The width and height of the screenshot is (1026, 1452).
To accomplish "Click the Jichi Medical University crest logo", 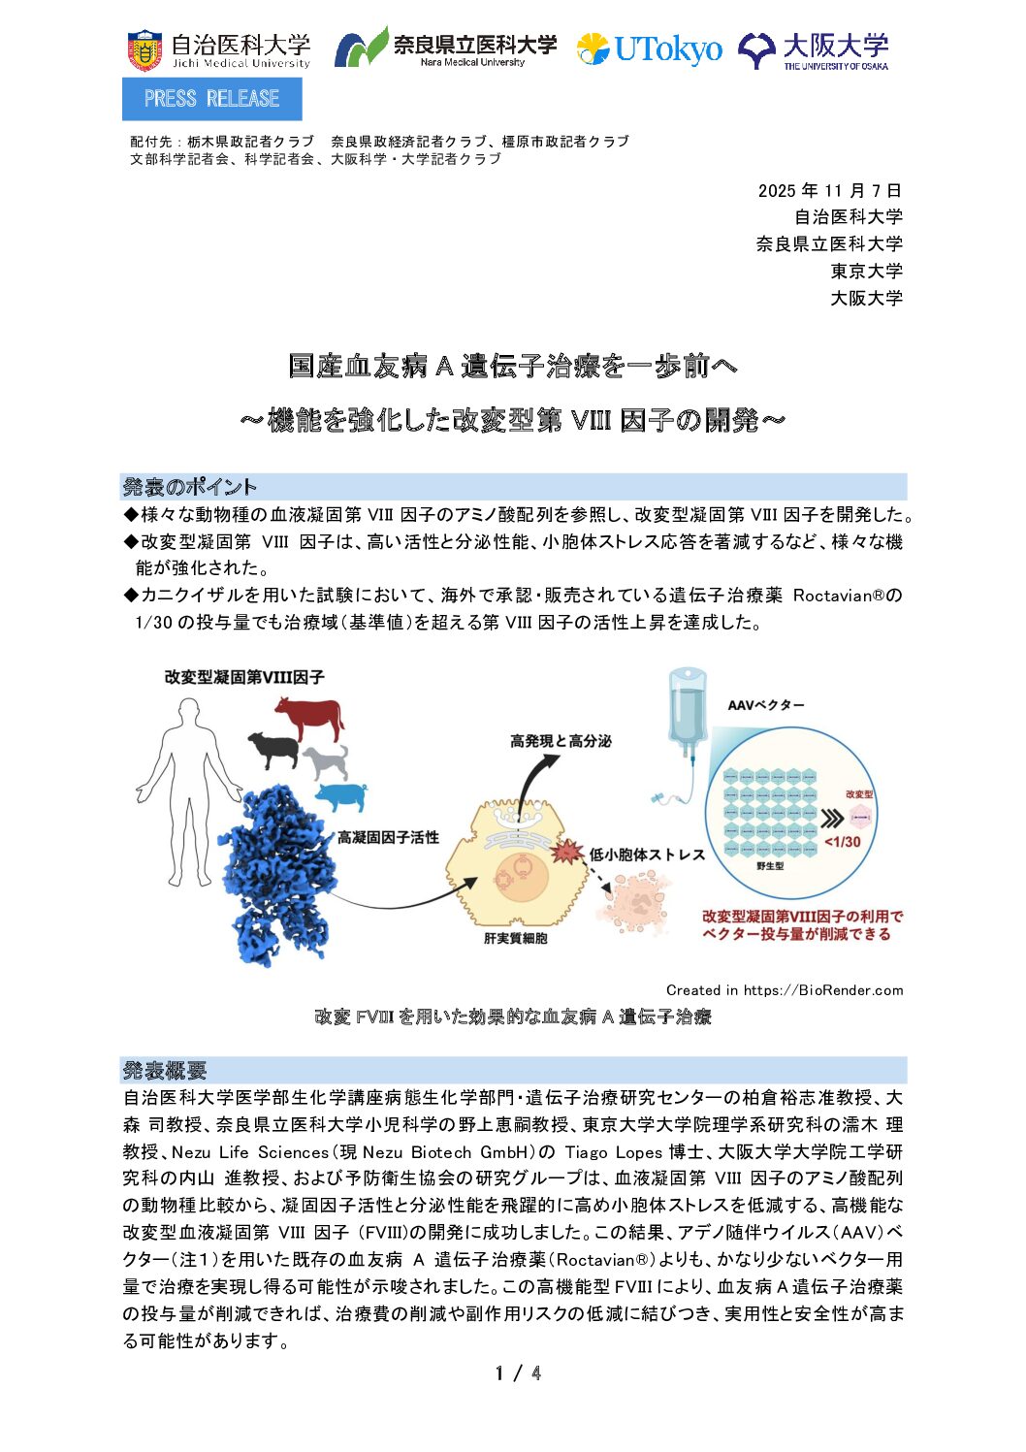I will click(x=144, y=50).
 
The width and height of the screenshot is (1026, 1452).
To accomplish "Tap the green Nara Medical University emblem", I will click(x=361, y=48).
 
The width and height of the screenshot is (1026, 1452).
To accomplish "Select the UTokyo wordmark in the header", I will click(x=667, y=48).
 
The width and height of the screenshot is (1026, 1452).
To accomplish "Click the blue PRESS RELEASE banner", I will click(x=211, y=99).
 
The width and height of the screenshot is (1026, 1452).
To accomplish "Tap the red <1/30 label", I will click(x=842, y=841).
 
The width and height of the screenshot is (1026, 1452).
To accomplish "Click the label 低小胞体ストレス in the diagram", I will click(x=647, y=855).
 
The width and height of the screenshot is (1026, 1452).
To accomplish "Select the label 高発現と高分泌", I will click(x=561, y=741).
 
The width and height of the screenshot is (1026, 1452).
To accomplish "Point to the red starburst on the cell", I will click(x=566, y=853).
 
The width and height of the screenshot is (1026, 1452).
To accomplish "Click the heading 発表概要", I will click(x=165, y=1070).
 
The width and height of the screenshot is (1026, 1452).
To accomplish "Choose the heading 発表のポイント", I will click(x=189, y=487).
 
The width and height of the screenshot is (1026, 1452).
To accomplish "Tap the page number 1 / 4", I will click(x=518, y=1372).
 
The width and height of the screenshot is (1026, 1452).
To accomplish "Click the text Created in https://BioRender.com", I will click(x=784, y=990).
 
